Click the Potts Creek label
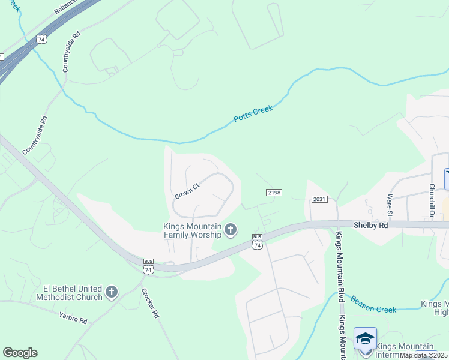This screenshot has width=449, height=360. pyautogui.click(x=253, y=113)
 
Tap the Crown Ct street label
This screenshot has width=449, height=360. pyautogui.click(x=187, y=191)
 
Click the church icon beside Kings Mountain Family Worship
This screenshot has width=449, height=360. pyautogui.click(x=230, y=229)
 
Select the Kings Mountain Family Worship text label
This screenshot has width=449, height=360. pyautogui.click(x=192, y=230)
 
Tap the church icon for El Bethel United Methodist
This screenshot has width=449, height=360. pyautogui.click(x=111, y=292)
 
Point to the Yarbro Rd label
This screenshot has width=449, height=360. pyautogui.click(x=73, y=317)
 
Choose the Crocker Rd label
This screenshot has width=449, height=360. pyautogui.click(x=150, y=303)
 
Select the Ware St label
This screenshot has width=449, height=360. pyautogui.click(x=390, y=205)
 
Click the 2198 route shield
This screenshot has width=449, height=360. pyautogui.click(x=274, y=192)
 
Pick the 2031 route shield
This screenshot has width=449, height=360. pyautogui.click(x=319, y=199)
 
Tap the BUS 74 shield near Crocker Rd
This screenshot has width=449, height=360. pyautogui.click(x=148, y=266)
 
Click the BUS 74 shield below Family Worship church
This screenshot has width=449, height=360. pyautogui.click(x=258, y=241)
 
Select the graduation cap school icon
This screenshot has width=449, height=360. pyautogui.click(x=365, y=338)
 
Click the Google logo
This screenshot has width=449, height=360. pyautogui.click(x=20, y=353)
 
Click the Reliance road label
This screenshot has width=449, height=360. pyautogui.click(x=65, y=7)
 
